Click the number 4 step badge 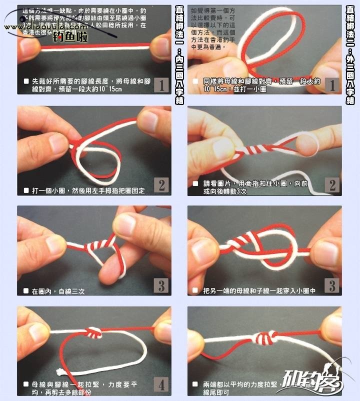pyautogui.click(x=160, y=386)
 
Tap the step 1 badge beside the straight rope pyautogui.click(x=160, y=85)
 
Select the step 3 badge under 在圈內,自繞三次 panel pyautogui.click(x=160, y=285)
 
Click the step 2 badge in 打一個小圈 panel pyautogui.click(x=160, y=185)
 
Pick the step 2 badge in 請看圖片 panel pyautogui.click(x=331, y=185)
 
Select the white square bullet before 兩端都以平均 pyautogui.click(x=196, y=385)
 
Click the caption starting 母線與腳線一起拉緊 pyautogui.click(x=82, y=388)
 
